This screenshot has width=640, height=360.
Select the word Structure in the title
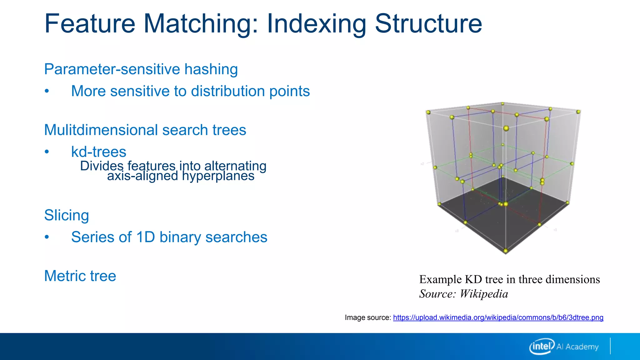tap(428, 24)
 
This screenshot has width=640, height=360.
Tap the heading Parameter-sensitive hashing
tap(141, 69)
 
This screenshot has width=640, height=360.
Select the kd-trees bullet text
tap(98, 152)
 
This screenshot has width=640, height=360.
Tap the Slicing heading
tap(67, 215)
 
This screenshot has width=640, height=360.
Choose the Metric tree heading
tap(80, 276)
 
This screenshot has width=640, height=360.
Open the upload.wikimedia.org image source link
tap(498, 317)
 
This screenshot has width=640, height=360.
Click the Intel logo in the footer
tap(542, 346)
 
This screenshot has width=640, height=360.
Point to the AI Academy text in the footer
tap(577, 347)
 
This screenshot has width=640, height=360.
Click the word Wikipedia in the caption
tap(484, 294)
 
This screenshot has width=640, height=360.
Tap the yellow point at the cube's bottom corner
tap(506, 251)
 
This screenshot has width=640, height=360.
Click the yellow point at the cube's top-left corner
tap(428, 112)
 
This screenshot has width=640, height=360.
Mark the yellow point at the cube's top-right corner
tap(578, 112)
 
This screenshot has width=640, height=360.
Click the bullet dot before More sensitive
tap(47, 91)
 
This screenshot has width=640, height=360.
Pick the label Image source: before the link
tap(368, 317)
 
